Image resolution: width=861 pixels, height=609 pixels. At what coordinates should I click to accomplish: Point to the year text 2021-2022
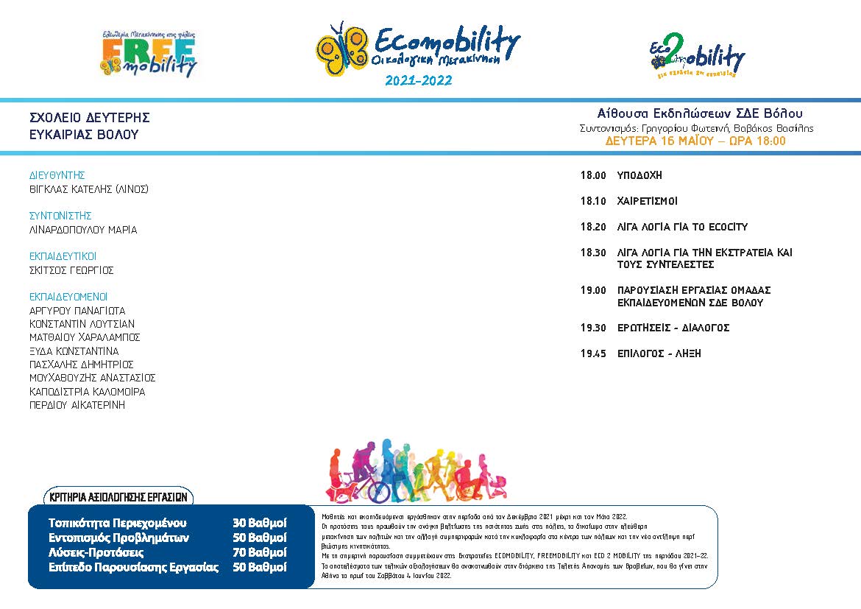(418, 80)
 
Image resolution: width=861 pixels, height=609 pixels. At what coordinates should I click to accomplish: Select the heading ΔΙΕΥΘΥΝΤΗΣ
(57, 175)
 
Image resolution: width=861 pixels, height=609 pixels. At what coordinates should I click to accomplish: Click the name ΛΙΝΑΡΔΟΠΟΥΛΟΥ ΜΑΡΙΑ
(83, 230)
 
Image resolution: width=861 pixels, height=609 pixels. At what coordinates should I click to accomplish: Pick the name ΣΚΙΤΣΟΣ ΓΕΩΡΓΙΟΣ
(71, 270)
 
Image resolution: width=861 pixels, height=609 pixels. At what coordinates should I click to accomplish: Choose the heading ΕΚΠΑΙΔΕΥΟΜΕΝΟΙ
(68, 297)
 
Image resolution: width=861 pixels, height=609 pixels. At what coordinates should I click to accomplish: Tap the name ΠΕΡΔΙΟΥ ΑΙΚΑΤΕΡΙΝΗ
(77, 405)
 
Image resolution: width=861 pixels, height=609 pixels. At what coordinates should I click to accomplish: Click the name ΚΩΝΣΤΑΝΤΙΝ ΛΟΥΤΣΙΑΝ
(82, 324)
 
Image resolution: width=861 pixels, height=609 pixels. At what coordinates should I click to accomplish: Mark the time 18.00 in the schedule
(593, 175)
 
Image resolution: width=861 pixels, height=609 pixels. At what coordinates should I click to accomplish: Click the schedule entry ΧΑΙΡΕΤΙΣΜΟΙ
(647, 201)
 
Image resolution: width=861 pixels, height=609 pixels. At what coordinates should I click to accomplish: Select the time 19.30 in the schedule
(593, 328)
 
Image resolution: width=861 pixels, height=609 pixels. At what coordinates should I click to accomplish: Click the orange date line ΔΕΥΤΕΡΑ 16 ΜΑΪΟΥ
(695, 141)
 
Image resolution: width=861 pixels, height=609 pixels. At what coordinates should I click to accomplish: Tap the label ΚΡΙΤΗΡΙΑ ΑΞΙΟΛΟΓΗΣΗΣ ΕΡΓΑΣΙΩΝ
(118, 497)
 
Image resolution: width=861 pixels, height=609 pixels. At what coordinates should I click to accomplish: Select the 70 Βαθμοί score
(260, 552)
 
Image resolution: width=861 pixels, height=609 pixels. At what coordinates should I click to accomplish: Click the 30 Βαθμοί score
(260, 523)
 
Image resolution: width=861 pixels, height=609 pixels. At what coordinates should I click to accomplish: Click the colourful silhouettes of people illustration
(417, 471)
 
